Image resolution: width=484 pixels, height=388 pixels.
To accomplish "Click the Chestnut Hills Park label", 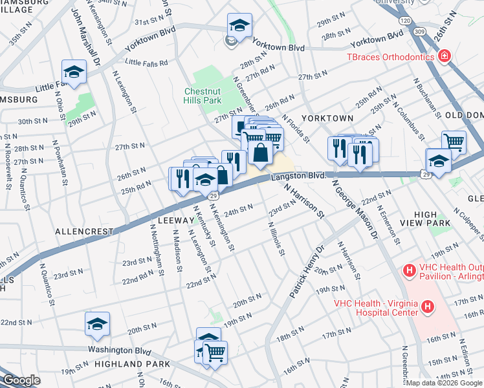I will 203,96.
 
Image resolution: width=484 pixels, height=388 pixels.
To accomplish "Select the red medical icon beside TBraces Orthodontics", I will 444,57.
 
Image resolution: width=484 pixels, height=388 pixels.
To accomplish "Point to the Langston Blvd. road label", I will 298,175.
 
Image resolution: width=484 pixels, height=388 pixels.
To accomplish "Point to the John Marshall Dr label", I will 86,32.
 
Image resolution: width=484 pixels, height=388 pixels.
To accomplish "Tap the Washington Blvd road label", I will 120,350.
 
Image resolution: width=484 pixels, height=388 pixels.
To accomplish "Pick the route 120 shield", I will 406,21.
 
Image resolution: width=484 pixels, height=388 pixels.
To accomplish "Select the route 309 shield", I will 419,31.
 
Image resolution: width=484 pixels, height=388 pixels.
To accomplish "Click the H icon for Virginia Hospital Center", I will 427,306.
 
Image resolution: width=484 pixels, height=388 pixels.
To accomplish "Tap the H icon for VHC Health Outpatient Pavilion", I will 408,269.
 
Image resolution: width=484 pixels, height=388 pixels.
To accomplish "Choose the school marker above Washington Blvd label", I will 97,324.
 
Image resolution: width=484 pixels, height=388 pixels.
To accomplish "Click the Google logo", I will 21,381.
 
